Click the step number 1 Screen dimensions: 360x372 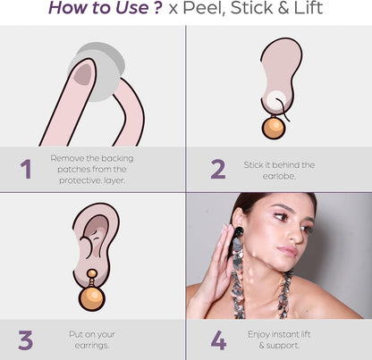[26, 169]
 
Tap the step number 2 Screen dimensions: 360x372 [217, 169]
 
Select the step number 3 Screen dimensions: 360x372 [25, 340]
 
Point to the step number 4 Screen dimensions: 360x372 [218, 340]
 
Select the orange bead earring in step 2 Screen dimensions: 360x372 [273, 127]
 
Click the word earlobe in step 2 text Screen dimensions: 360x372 [279, 175]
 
